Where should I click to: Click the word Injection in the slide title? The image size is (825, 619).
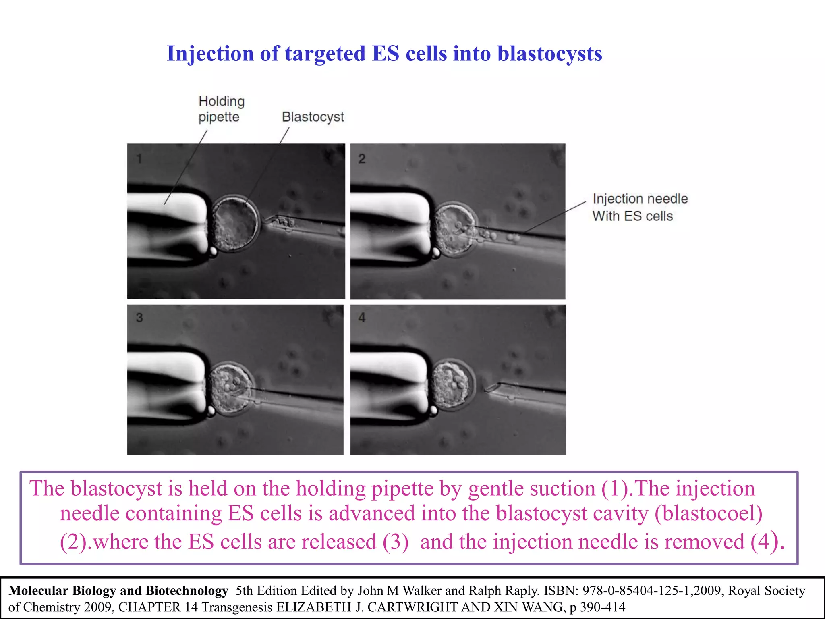pyautogui.click(x=210, y=54)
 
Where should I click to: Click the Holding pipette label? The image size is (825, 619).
pyautogui.click(x=221, y=109)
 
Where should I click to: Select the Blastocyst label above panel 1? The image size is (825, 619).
pyautogui.click(x=313, y=117)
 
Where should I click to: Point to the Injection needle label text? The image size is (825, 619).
pyautogui.click(x=640, y=199)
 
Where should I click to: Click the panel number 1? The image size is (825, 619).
pyautogui.click(x=139, y=159)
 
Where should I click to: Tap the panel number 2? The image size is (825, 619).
pyautogui.click(x=362, y=159)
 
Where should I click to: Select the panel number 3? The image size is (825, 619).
pyautogui.click(x=139, y=318)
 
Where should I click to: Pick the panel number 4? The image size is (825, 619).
pyautogui.click(x=362, y=318)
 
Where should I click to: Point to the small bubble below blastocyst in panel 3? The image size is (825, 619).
pyautogui.click(x=211, y=411)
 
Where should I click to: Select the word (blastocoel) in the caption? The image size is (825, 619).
pyautogui.click(x=708, y=513)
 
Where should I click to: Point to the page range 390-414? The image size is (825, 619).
pyautogui.click(x=603, y=607)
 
